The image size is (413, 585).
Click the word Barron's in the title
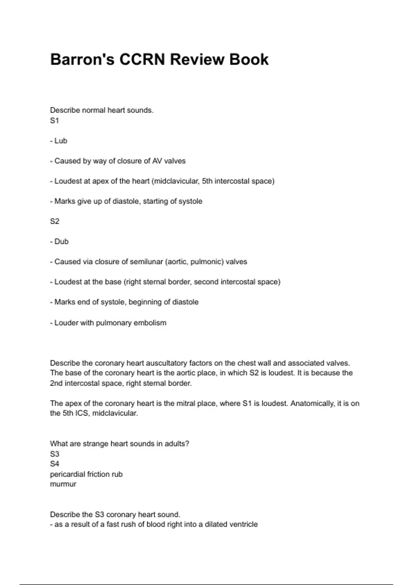82,59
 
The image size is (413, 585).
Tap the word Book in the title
249,59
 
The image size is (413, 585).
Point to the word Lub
61,141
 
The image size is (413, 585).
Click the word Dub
62,242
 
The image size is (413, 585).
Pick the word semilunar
146,262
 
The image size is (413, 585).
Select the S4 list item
55,464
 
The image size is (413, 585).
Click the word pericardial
67,474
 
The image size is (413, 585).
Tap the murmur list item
63,484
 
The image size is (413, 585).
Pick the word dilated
218,524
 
